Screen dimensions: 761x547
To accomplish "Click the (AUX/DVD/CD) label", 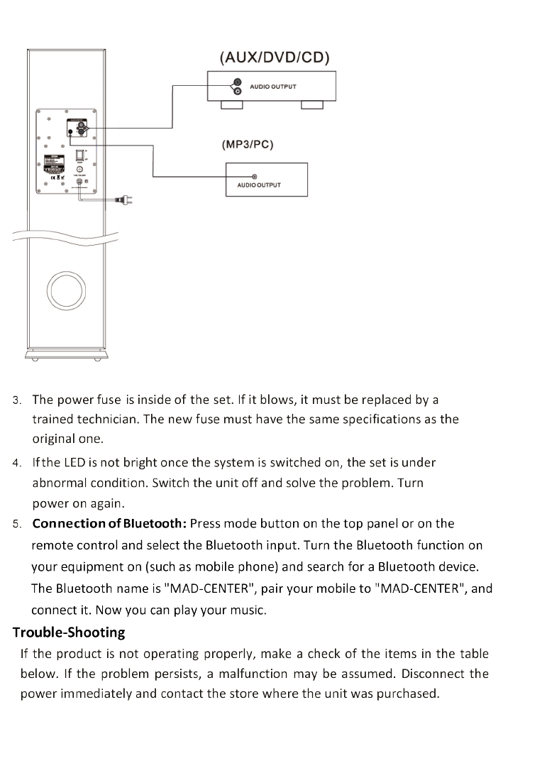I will [275, 58].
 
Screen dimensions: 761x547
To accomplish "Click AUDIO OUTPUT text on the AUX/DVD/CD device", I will [273, 87].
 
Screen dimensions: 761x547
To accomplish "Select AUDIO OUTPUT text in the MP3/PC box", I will [254, 185].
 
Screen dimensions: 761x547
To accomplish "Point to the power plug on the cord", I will [122, 200].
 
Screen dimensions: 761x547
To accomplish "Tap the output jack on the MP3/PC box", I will [255, 176].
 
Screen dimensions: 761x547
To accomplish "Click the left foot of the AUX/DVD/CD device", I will [232, 106].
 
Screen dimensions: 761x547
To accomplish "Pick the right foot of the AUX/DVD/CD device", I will [311, 106].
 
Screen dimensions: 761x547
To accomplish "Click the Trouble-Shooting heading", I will [69, 632].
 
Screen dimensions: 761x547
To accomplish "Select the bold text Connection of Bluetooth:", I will [109, 524].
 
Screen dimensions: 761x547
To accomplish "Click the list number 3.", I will [17, 400].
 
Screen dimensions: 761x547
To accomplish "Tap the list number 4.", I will [17, 464].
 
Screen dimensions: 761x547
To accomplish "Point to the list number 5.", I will [17, 525].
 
